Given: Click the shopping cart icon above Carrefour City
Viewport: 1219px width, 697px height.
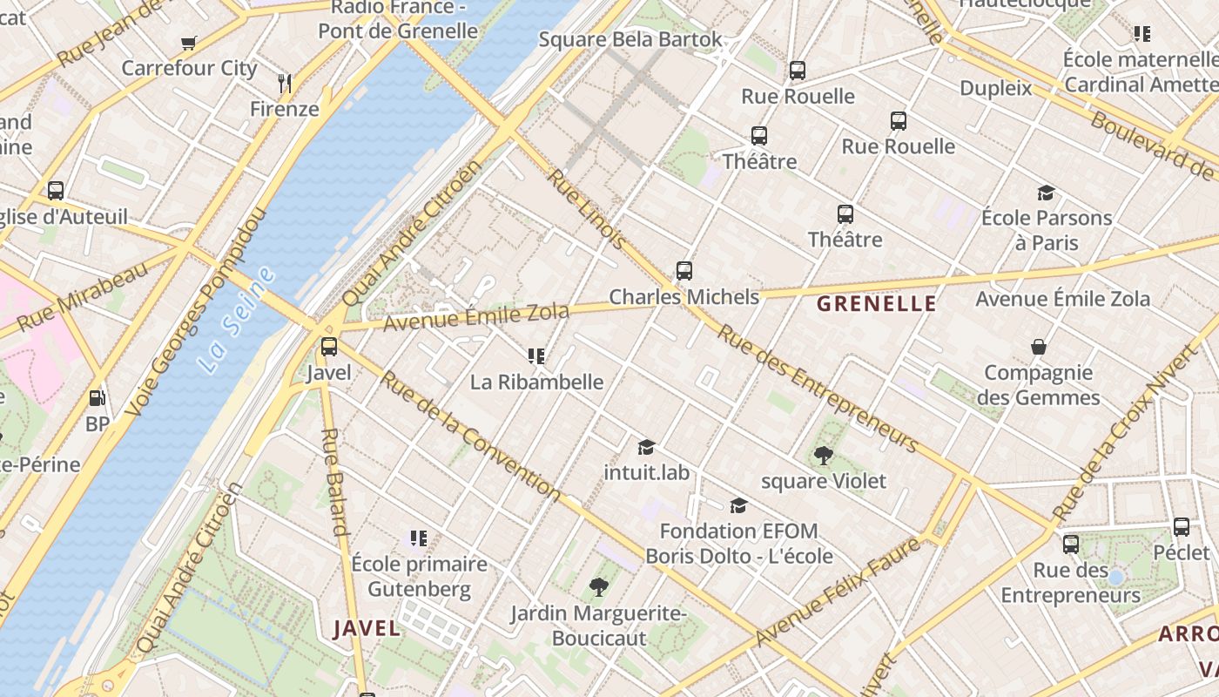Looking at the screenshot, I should pyautogui.click(x=189, y=43).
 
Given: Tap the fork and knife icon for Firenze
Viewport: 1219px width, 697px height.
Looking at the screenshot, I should pyautogui.click(x=284, y=84).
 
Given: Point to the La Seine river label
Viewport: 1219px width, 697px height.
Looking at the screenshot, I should pyautogui.click(x=236, y=321).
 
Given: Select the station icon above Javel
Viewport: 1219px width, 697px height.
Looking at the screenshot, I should pyautogui.click(x=329, y=347).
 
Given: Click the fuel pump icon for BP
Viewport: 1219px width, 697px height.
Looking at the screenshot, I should pyautogui.click(x=97, y=398).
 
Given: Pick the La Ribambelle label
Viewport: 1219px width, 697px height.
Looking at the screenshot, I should pyautogui.click(x=536, y=382).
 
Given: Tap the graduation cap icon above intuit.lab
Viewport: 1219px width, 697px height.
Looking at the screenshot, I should pyautogui.click(x=646, y=447).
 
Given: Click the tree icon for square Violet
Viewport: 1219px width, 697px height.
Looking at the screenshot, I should pyautogui.click(x=823, y=455).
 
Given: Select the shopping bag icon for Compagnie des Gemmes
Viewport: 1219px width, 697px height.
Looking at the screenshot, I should pyautogui.click(x=1038, y=348).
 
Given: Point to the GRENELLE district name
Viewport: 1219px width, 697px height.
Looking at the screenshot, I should pyautogui.click(x=877, y=304).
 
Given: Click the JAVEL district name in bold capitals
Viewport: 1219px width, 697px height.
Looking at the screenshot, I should pyautogui.click(x=367, y=628).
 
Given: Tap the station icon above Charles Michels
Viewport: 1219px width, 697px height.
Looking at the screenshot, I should pyautogui.click(x=684, y=271).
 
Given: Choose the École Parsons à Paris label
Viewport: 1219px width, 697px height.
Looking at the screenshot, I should pyautogui.click(x=1046, y=230).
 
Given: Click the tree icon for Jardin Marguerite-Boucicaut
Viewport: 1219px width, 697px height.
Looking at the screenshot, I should pyautogui.click(x=598, y=587).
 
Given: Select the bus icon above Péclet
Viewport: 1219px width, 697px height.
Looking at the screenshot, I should pyautogui.click(x=1181, y=527).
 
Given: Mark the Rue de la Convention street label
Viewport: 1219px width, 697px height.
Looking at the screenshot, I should pyautogui.click(x=470, y=436).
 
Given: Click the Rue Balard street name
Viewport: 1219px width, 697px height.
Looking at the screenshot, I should pyautogui.click(x=335, y=481).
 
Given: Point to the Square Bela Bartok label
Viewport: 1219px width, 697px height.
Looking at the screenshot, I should pyautogui.click(x=630, y=39).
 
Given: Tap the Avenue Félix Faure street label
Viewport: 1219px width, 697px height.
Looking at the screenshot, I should pyautogui.click(x=837, y=592).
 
